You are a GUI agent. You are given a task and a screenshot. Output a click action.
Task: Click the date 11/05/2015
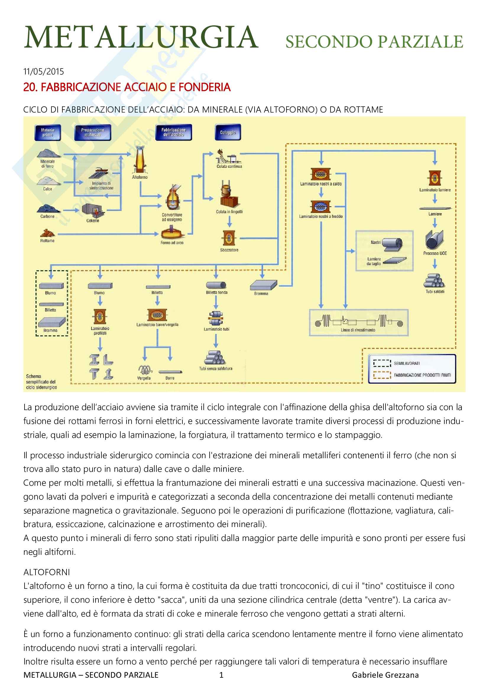coord(44,71)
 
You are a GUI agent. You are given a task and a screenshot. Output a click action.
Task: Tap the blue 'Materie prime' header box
coord(48,132)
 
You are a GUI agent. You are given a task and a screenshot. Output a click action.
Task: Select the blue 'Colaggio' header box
coord(228,132)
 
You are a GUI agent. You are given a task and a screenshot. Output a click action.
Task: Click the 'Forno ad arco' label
coord(172,243)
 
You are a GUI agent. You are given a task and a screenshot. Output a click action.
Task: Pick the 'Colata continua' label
coord(229,166)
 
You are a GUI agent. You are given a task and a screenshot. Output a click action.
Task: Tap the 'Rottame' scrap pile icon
coord(48,232)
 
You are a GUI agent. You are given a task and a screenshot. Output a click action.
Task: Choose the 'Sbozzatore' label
coord(229,250)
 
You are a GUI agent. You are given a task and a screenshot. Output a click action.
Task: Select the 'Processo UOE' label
coord(435,253)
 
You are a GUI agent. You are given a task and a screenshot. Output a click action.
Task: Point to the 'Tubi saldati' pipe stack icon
coord(435,280)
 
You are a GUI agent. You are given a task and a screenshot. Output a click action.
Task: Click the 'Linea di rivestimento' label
coord(358,330)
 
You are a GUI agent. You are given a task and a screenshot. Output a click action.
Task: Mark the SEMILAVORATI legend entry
coord(407,363)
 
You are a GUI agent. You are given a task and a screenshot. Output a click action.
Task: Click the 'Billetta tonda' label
coord(216,292)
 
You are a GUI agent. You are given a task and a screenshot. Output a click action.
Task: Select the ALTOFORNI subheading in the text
coord(47,572)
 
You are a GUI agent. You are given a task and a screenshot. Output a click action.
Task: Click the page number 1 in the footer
coord(221,675)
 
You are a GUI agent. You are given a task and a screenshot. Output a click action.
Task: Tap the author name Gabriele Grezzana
coord(385,675)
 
